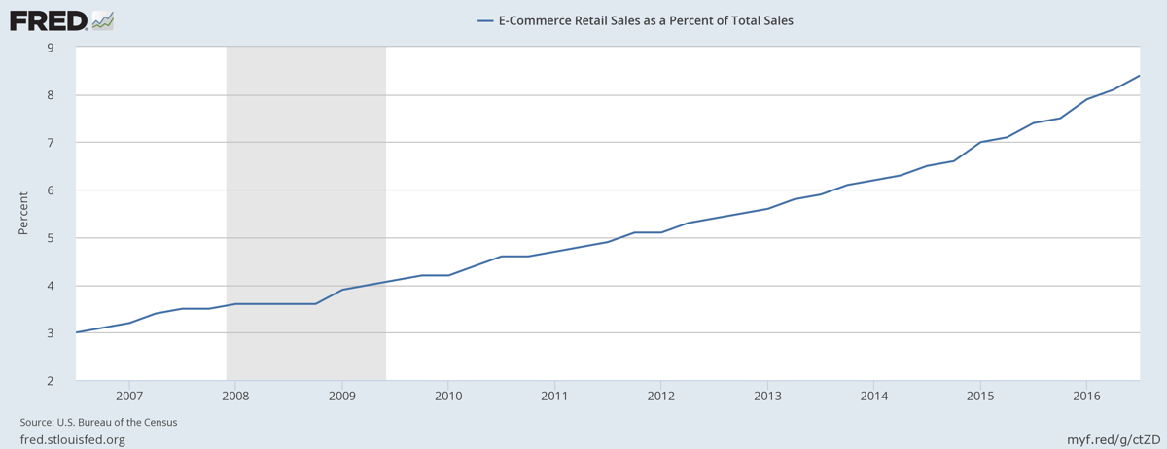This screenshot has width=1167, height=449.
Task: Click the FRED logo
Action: click(61, 19)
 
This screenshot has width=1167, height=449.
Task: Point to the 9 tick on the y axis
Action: click(50, 48)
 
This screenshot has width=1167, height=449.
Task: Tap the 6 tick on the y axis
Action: click(50, 190)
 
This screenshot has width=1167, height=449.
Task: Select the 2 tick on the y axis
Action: click(50, 381)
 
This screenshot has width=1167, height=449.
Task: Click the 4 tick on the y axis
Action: click(50, 286)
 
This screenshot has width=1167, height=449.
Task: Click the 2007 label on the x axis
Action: click(129, 396)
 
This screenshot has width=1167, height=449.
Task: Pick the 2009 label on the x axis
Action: click(341, 396)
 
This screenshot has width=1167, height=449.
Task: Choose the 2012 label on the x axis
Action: click(660, 396)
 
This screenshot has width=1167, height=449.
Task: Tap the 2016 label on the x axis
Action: click(1085, 396)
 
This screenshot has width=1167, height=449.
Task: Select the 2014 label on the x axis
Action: click(873, 396)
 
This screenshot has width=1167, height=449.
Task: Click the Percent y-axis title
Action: click(23, 213)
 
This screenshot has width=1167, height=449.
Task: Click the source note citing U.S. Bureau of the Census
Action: click(98, 423)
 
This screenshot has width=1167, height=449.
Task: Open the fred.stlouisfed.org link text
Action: click(73, 439)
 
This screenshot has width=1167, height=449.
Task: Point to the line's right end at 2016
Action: click(1139, 76)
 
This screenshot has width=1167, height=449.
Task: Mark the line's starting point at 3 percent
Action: click(77, 332)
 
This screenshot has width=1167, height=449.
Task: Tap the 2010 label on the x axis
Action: click(448, 396)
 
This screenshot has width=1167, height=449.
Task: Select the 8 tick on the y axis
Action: click(50, 95)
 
